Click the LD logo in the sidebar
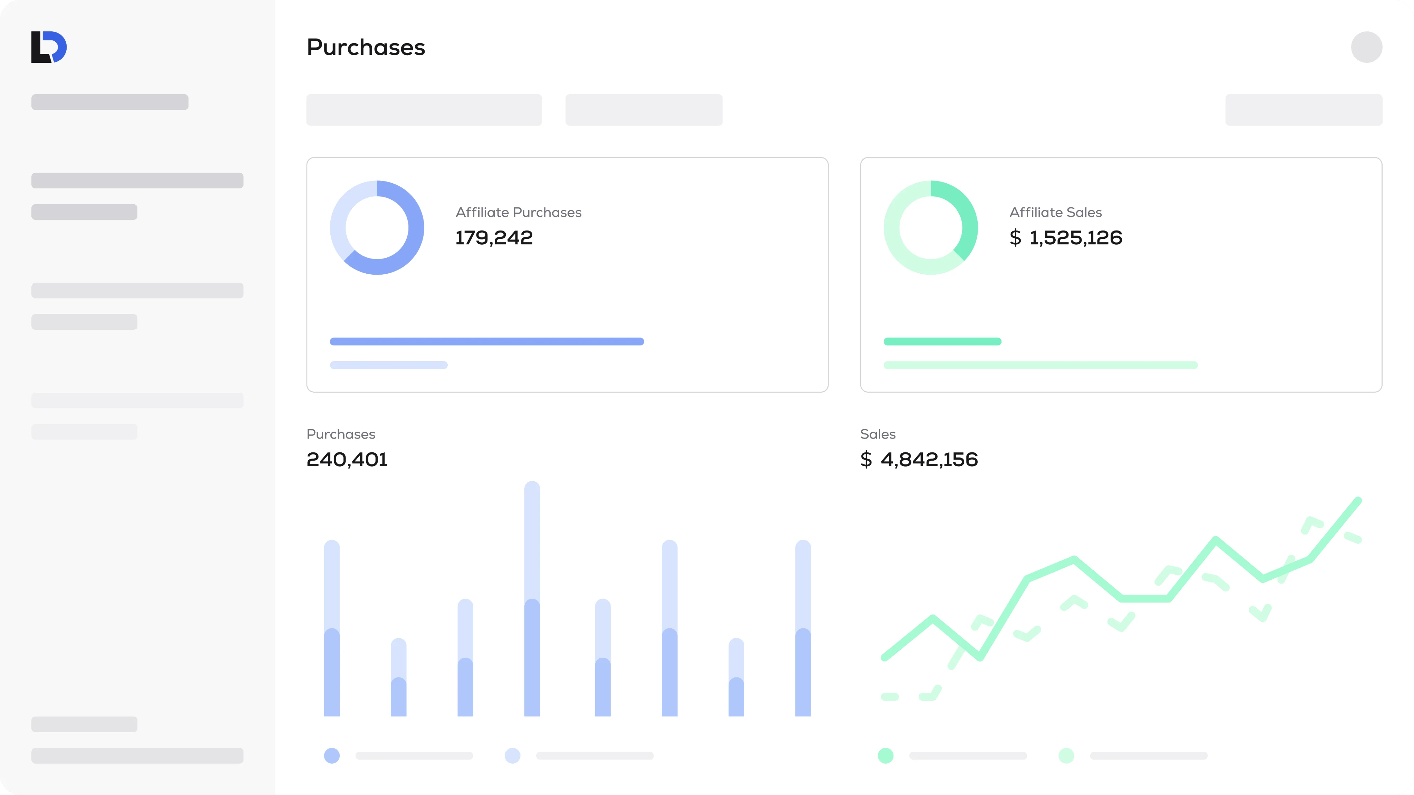tap(49, 47)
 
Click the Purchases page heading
tap(366, 48)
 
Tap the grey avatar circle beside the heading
tap(1366, 47)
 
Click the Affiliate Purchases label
tap(518, 212)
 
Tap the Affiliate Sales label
tap(1055, 212)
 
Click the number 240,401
tap(347, 460)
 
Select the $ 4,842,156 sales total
tap(919, 460)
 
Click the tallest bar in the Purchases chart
tap(532, 598)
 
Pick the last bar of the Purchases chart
tap(803, 628)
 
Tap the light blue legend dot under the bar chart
tap(513, 756)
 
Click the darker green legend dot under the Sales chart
tap(885, 756)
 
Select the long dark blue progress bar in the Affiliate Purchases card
tap(486, 341)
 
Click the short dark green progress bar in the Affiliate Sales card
tap(942, 341)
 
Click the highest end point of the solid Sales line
tap(1357, 501)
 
